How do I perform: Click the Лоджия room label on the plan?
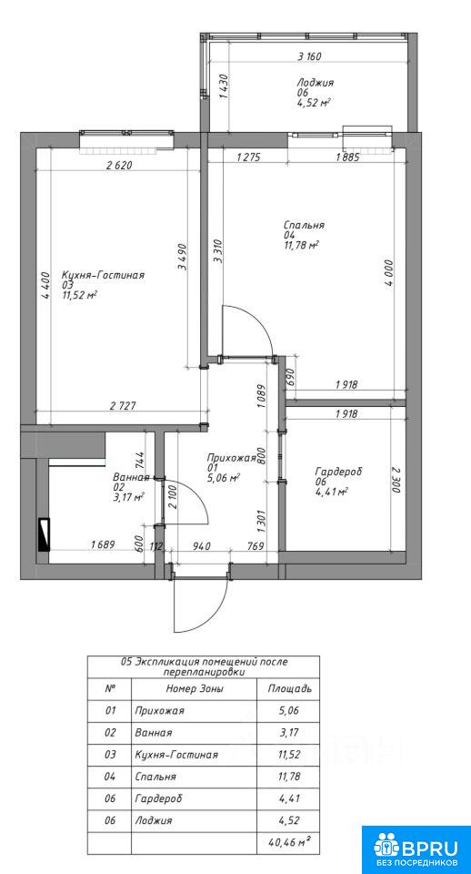pyautogui.click(x=316, y=83)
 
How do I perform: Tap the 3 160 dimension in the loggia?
pyautogui.click(x=311, y=56)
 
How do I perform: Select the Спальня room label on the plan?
pyautogui.click(x=304, y=226)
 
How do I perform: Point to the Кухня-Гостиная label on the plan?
pyautogui.click(x=104, y=275)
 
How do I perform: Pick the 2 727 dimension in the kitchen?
pyautogui.click(x=121, y=407)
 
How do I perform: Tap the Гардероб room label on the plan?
pyautogui.click(x=338, y=472)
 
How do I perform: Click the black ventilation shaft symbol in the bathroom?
pyautogui.click(x=44, y=534)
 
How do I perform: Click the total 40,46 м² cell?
pyautogui.click(x=289, y=842)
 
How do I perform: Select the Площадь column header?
pyautogui.click(x=289, y=688)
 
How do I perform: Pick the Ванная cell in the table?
pyautogui.click(x=153, y=732)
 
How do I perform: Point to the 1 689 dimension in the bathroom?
pyautogui.click(x=103, y=546)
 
